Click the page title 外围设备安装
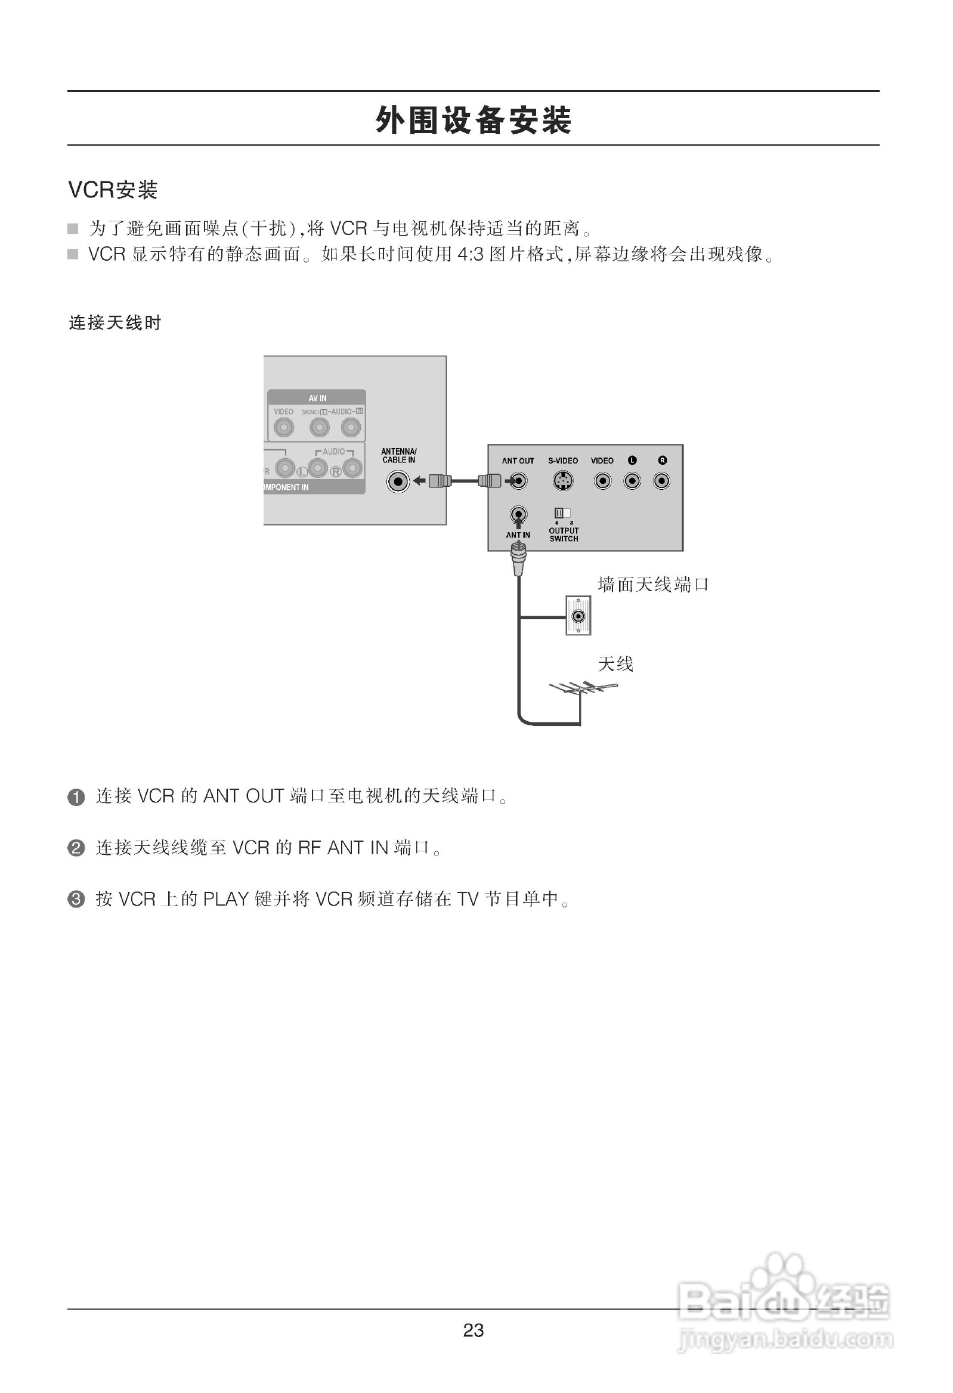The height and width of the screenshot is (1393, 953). coord(473,120)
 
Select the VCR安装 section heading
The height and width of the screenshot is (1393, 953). coord(113,190)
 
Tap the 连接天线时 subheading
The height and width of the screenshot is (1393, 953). coord(115,323)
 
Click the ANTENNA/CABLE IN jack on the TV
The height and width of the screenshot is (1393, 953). coord(398,481)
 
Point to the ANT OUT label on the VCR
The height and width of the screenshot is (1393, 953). coord(518,461)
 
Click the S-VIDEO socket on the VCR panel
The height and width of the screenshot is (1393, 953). coord(562,481)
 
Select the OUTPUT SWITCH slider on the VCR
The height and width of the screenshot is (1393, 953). coord(562,513)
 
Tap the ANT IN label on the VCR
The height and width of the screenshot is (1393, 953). coord(518,535)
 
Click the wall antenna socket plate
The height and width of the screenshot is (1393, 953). coord(578,616)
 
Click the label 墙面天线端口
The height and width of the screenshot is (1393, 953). coord(652,585)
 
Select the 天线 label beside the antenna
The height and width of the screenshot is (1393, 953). coord(615,664)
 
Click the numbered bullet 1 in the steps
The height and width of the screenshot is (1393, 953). coord(76,797)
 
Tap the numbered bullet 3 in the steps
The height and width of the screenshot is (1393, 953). coord(76,900)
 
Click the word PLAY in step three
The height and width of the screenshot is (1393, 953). coord(226,899)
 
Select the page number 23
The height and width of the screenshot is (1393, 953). coord(473,1331)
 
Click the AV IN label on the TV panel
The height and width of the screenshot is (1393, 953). coord(318,399)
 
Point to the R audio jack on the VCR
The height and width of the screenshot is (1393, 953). coord(662,481)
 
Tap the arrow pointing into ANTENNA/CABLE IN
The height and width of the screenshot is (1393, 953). coord(420,481)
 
